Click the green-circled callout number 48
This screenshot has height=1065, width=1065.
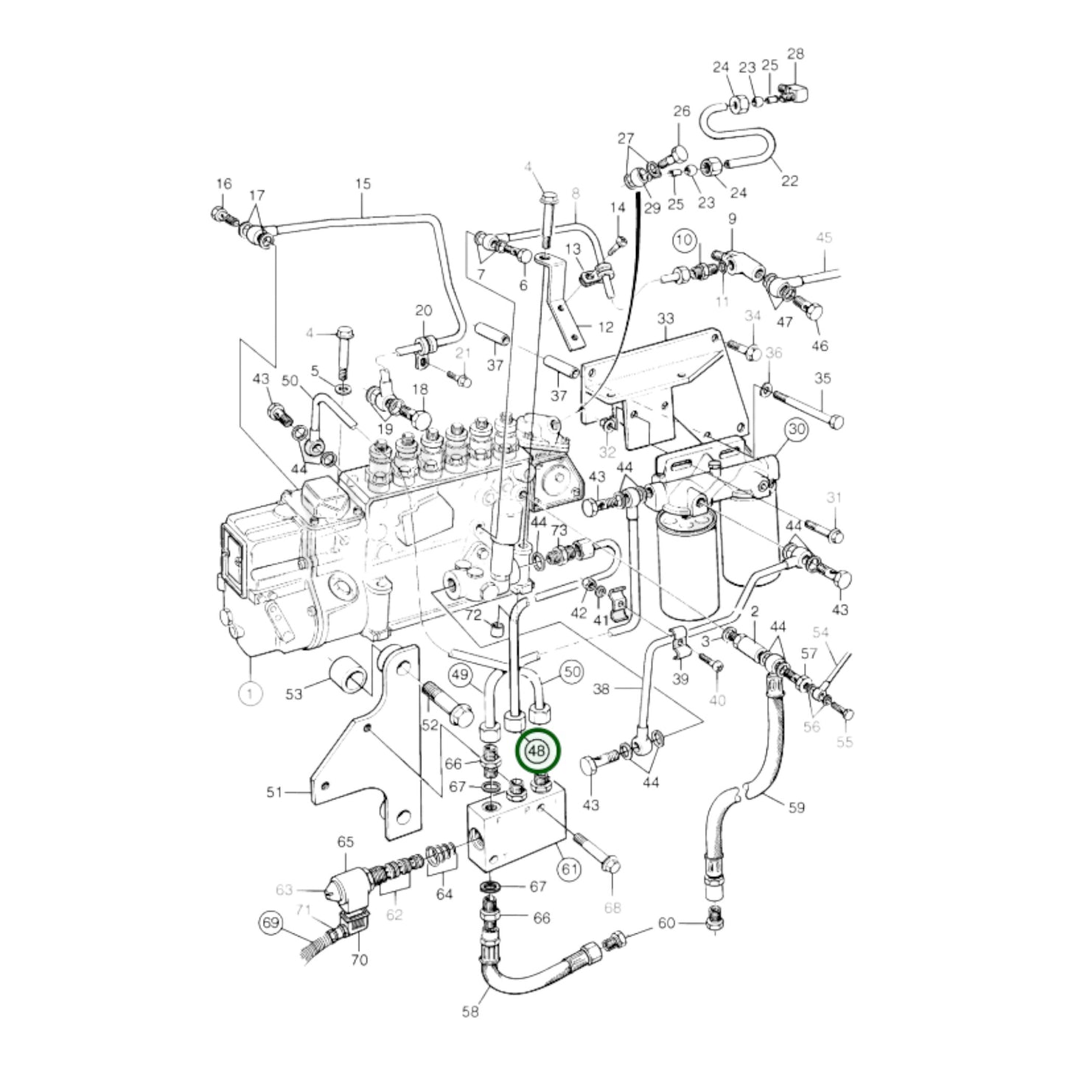coord(538,751)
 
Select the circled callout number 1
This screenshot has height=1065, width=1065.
coord(250,694)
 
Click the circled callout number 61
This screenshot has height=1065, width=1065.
coord(568,869)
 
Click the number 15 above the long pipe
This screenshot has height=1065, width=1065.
coord(363,184)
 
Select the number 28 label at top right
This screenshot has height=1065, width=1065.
coord(795,54)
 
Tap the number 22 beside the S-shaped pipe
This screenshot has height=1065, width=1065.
coord(789,181)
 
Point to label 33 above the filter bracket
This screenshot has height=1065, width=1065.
coord(665,319)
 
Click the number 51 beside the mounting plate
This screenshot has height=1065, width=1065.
coord(274,792)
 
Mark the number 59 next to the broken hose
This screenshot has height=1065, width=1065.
coord(796,807)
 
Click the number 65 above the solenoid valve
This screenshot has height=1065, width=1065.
coord(346,842)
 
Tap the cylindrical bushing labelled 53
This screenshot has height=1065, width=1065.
coord(346,672)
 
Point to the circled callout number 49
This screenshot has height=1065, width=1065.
coord(460,674)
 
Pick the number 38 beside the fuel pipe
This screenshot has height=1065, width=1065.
coord(601,690)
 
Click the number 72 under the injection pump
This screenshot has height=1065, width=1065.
coord(473,615)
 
